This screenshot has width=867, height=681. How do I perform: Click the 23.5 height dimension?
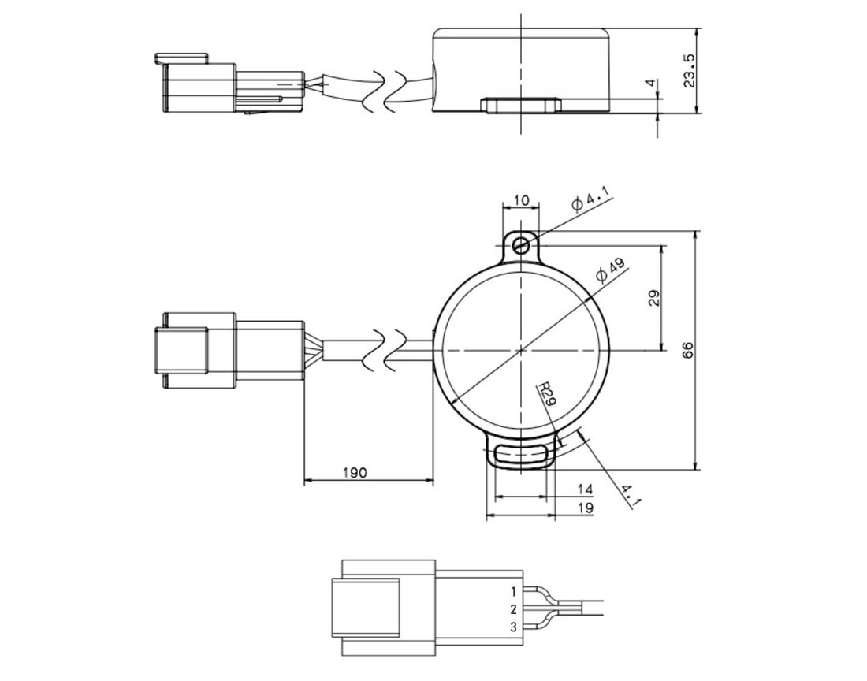[689, 71]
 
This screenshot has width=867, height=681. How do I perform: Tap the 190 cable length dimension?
[355, 473]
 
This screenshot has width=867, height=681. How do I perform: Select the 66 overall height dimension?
[687, 351]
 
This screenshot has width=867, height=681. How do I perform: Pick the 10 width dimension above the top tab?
[521, 199]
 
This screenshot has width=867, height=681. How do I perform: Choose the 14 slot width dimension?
[585, 489]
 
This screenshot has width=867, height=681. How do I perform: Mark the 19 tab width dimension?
[585, 508]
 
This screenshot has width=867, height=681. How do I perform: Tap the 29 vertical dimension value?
[654, 298]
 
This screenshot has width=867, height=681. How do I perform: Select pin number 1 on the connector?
[514, 592]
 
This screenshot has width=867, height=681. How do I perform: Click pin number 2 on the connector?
[514, 610]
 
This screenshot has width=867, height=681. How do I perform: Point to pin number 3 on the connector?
[514, 627]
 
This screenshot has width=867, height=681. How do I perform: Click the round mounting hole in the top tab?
[520, 246]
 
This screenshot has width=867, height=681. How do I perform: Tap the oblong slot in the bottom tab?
[521, 455]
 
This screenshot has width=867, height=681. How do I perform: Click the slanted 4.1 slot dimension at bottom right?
[631, 496]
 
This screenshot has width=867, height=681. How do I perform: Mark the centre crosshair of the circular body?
[521, 350]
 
